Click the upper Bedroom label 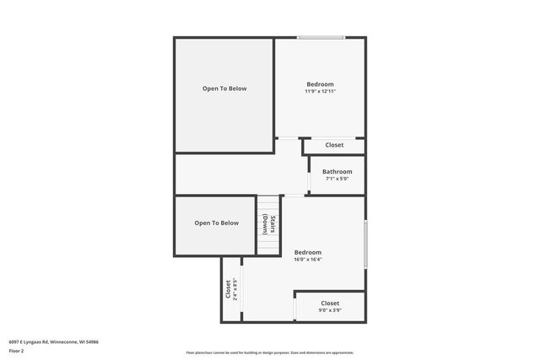coord(320,84)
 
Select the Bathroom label coord(337,172)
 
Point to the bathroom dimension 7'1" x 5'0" coord(337,179)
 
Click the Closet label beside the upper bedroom coord(334,145)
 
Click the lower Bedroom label coord(307,252)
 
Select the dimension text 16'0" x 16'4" coord(307,260)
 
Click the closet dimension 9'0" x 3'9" coord(330,310)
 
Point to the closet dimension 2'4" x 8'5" coord(235,289)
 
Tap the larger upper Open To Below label coord(224,89)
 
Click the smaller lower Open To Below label coord(216,223)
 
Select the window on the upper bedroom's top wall coord(321,37)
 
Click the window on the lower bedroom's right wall coord(365,244)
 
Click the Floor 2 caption coord(16,352)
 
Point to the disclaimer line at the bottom coord(270,352)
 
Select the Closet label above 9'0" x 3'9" coord(330,303)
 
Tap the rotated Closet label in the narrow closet coord(228,289)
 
